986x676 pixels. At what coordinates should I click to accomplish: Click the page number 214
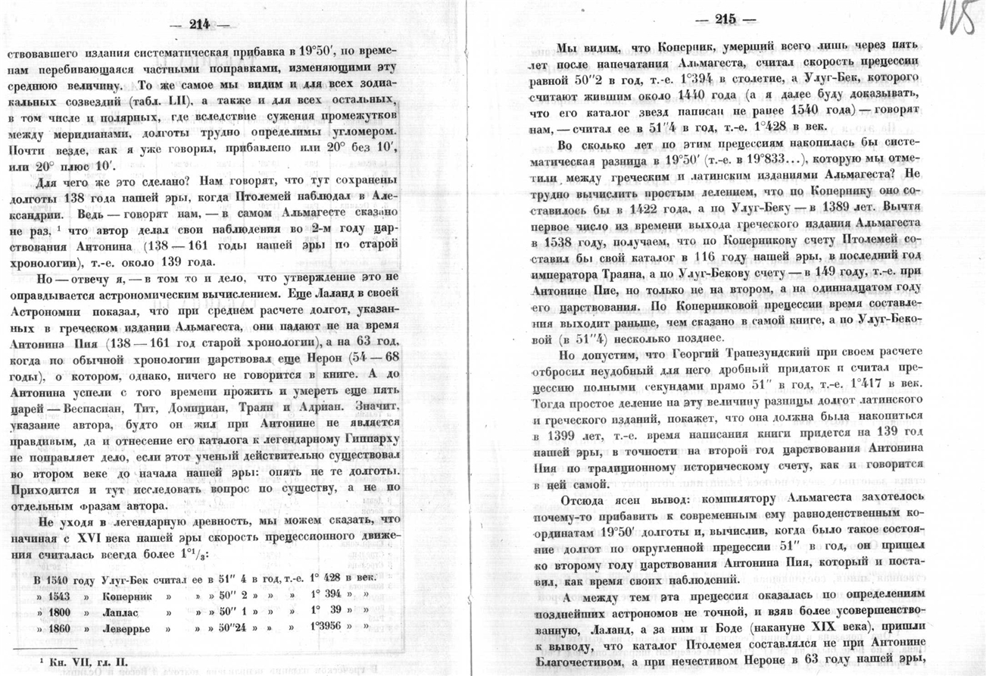pos(199,25)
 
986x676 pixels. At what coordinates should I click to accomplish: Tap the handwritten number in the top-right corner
pos(959,20)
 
